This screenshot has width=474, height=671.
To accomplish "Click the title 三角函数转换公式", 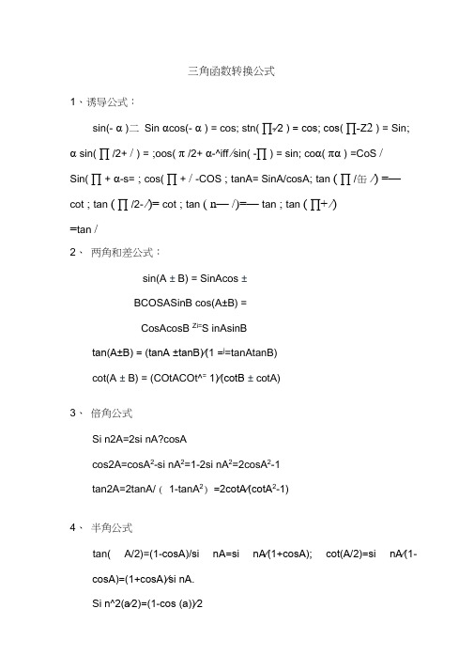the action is [x=231, y=71].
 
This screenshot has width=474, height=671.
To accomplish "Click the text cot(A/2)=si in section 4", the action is [x=357, y=554].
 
